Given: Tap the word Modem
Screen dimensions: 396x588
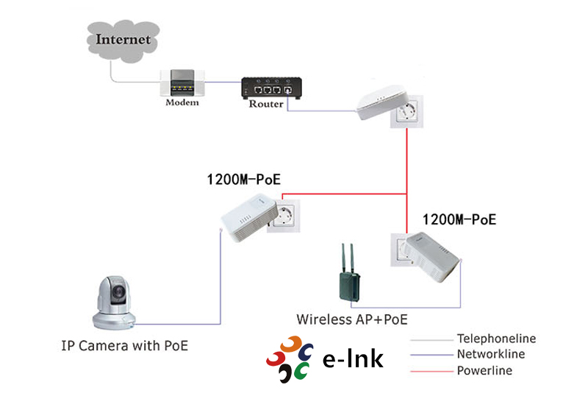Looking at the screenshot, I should click(x=182, y=102).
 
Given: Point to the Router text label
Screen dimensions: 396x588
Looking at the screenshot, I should click(x=265, y=105).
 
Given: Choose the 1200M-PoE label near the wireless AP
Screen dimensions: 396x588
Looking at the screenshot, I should click(x=459, y=219).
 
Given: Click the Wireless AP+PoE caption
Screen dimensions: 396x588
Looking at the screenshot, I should click(x=351, y=319).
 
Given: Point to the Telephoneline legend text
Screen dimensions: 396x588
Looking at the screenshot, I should click(x=496, y=339).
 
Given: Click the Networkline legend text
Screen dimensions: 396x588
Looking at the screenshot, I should click(x=491, y=355).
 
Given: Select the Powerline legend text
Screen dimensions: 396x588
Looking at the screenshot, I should click(x=484, y=370).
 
